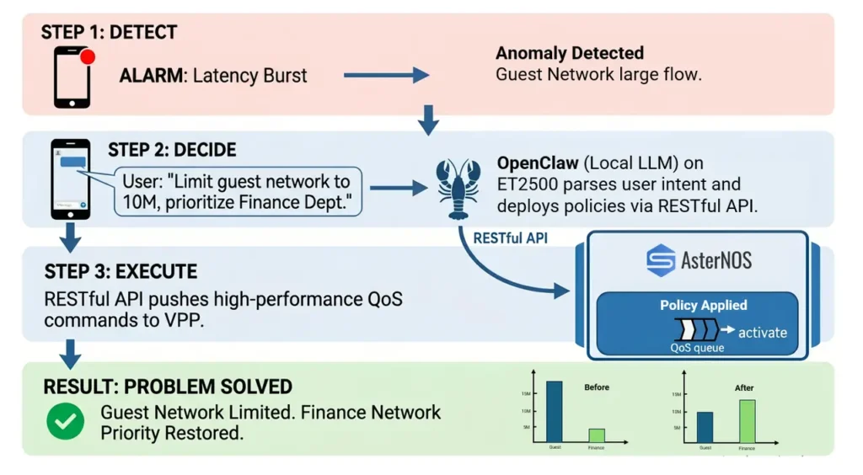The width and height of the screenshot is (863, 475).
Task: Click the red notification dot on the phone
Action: [x=87, y=57]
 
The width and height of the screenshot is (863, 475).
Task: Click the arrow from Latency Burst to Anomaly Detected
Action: [x=386, y=76]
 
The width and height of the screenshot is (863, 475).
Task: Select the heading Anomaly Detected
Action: [x=569, y=54]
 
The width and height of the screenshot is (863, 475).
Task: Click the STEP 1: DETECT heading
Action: [x=109, y=33]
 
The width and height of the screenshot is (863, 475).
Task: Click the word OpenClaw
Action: [x=536, y=163]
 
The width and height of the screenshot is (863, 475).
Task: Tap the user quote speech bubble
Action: [x=235, y=191]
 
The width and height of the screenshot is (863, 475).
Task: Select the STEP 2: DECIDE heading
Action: [x=172, y=150]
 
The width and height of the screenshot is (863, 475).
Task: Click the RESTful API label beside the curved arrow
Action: [x=510, y=238]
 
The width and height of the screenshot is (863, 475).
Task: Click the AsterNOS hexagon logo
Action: [x=661, y=260]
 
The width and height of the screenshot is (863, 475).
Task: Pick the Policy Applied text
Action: [x=703, y=305]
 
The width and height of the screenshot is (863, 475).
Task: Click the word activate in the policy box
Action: [x=762, y=333]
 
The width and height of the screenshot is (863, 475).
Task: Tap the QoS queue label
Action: [x=696, y=348]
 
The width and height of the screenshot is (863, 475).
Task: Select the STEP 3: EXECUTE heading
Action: [x=121, y=272]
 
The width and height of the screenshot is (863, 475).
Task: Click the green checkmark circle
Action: [x=65, y=421]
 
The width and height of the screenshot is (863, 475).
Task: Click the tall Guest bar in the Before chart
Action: [x=554, y=412]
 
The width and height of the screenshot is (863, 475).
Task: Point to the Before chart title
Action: [x=596, y=387]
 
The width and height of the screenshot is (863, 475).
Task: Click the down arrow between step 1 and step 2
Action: [x=429, y=120]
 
